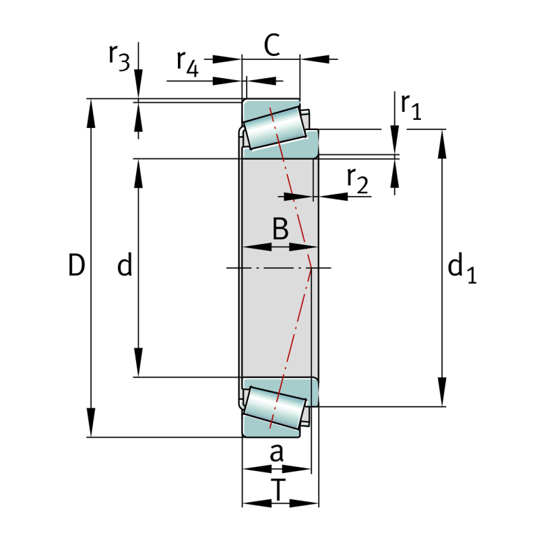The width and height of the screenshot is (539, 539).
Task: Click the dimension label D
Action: (77, 266)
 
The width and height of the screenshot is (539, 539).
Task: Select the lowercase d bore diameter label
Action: (125, 267)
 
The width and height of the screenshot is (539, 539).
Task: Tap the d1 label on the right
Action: (462, 269)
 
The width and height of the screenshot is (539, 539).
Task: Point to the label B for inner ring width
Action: (280, 230)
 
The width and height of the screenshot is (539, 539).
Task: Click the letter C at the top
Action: (271, 46)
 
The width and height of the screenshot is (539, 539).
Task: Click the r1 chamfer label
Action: (410, 106)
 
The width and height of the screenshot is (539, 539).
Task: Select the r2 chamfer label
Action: (358, 180)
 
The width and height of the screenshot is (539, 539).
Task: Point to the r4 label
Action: (188, 63)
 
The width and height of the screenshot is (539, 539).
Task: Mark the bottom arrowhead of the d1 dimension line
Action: (443, 398)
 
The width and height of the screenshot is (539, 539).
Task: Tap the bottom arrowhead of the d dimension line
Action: (139, 368)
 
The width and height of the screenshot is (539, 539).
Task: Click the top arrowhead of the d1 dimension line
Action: (443, 138)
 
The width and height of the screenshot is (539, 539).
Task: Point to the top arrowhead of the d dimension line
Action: (139, 168)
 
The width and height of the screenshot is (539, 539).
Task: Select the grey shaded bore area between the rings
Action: (276, 303)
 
